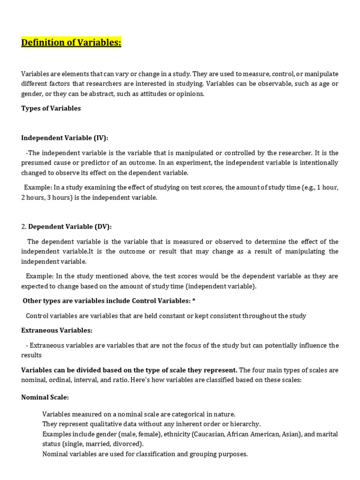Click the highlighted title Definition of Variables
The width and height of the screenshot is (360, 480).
[x=71, y=43]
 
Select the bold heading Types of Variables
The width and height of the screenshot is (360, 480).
[x=51, y=108]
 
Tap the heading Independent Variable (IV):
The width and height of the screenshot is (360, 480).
[x=65, y=138]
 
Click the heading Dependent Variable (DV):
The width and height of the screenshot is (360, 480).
[x=70, y=226]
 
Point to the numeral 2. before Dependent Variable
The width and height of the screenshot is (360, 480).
[x=24, y=226]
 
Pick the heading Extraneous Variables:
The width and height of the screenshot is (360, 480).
[x=57, y=330]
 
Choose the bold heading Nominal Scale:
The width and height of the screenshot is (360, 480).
[x=45, y=397]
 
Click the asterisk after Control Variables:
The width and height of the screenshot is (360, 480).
[x=194, y=301]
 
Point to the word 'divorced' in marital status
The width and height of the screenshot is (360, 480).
[x=128, y=444]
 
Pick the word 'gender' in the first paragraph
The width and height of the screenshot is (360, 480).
[x=32, y=94]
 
